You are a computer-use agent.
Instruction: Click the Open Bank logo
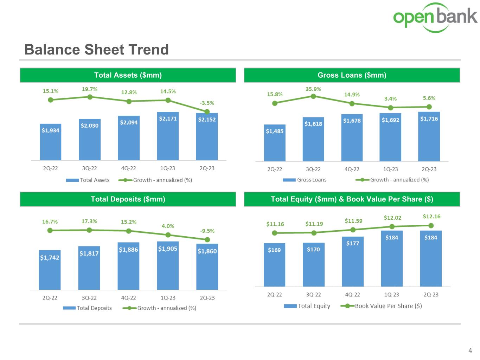tap(435, 18)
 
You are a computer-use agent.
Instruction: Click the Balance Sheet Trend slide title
tap(96, 50)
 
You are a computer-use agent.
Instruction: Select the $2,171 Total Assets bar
tap(168, 136)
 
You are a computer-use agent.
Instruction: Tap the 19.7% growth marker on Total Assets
tap(90, 97)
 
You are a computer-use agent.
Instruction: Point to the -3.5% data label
tap(207, 103)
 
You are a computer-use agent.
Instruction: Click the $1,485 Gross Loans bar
tap(275, 143)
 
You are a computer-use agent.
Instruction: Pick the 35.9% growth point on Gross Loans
tap(313, 96)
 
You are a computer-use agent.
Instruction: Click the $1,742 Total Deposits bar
tap(50, 270)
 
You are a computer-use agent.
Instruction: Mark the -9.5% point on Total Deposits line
tap(207, 239)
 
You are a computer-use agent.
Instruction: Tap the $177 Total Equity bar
tap(353, 262)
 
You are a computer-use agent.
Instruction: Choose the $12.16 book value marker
tap(431, 226)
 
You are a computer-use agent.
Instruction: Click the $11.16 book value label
tap(275, 224)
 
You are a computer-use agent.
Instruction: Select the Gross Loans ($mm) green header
tap(352, 75)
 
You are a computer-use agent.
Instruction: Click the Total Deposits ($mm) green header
tap(128, 199)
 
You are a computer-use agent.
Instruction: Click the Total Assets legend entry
tap(88, 180)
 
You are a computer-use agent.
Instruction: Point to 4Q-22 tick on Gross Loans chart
tap(352, 169)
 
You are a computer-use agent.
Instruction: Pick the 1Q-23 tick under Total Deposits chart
tap(168, 298)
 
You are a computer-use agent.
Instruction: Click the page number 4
tap(470, 350)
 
